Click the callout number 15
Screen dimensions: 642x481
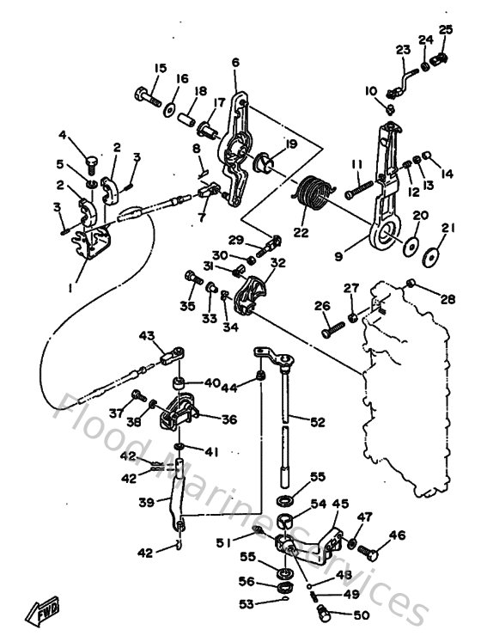pos(160,69)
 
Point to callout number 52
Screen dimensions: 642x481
pos(318,421)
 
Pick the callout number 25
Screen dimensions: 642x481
pos(445,30)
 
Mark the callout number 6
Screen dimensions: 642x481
pos(235,62)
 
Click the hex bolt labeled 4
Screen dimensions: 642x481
pos(91,161)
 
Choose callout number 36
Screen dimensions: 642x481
pos(228,419)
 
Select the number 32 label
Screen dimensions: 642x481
pos(277,263)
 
